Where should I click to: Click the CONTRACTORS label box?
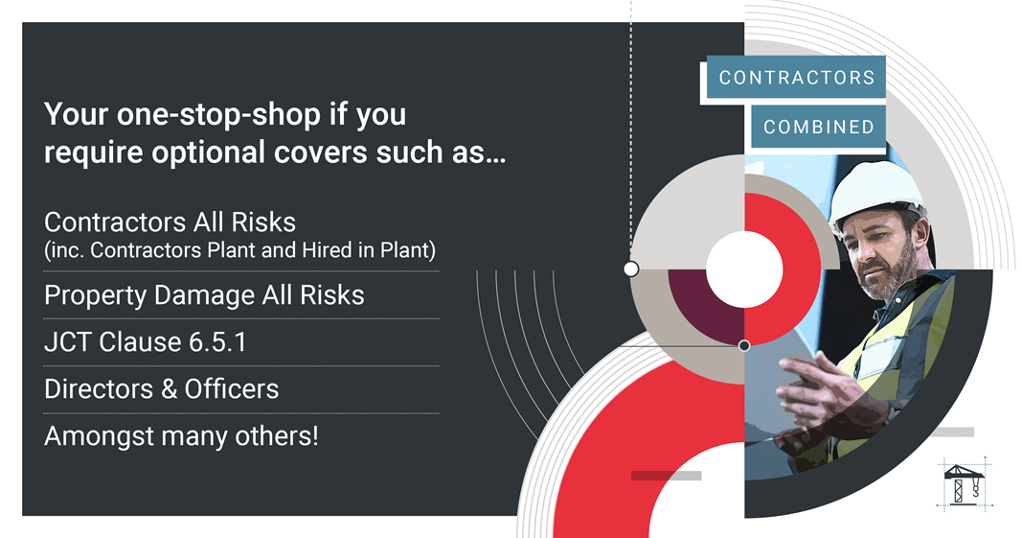click(796, 77)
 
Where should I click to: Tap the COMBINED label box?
click(819, 127)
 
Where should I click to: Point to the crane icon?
click(963, 483)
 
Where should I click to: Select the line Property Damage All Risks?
click(204, 295)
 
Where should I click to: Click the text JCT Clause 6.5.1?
click(146, 342)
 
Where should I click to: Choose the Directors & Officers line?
click(162, 389)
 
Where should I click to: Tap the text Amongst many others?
click(181, 436)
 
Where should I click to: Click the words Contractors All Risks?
click(170, 222)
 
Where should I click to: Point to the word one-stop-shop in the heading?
click(219, 115)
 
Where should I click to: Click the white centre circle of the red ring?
click(744, 269)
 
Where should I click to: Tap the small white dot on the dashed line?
click(631, 269)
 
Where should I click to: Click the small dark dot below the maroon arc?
click(744, 345)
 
